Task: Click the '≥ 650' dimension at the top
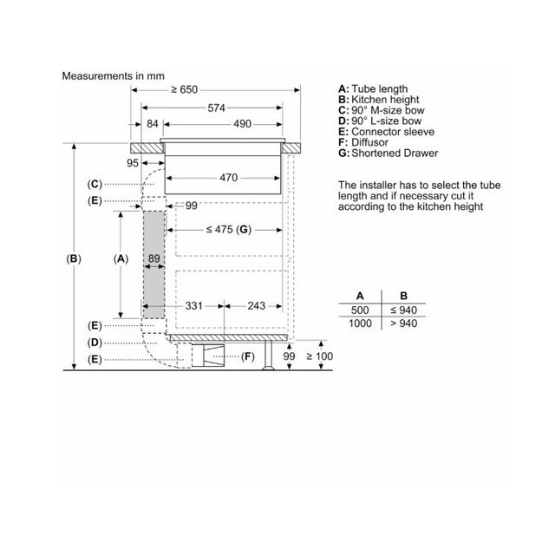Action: (x=184, y=89)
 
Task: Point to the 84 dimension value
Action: (x=153, y=125)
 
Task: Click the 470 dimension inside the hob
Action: (x=228, y=178)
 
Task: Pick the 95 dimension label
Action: (x=133, y=162)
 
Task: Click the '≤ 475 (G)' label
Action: (x=228, y=229)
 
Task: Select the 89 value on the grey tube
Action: (x=154, y=258)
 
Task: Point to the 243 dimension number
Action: (x=256, y=305)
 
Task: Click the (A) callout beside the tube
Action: (x=121, y=258)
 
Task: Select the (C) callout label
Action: (x=95, y=184)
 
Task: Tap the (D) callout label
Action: (x=95, y=342)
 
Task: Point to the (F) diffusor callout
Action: (x=249, y=356)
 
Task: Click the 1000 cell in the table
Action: (x=360, y=323)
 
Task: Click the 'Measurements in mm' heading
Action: (x=113, y=76)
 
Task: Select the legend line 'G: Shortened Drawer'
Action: (x=389, y=153)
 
